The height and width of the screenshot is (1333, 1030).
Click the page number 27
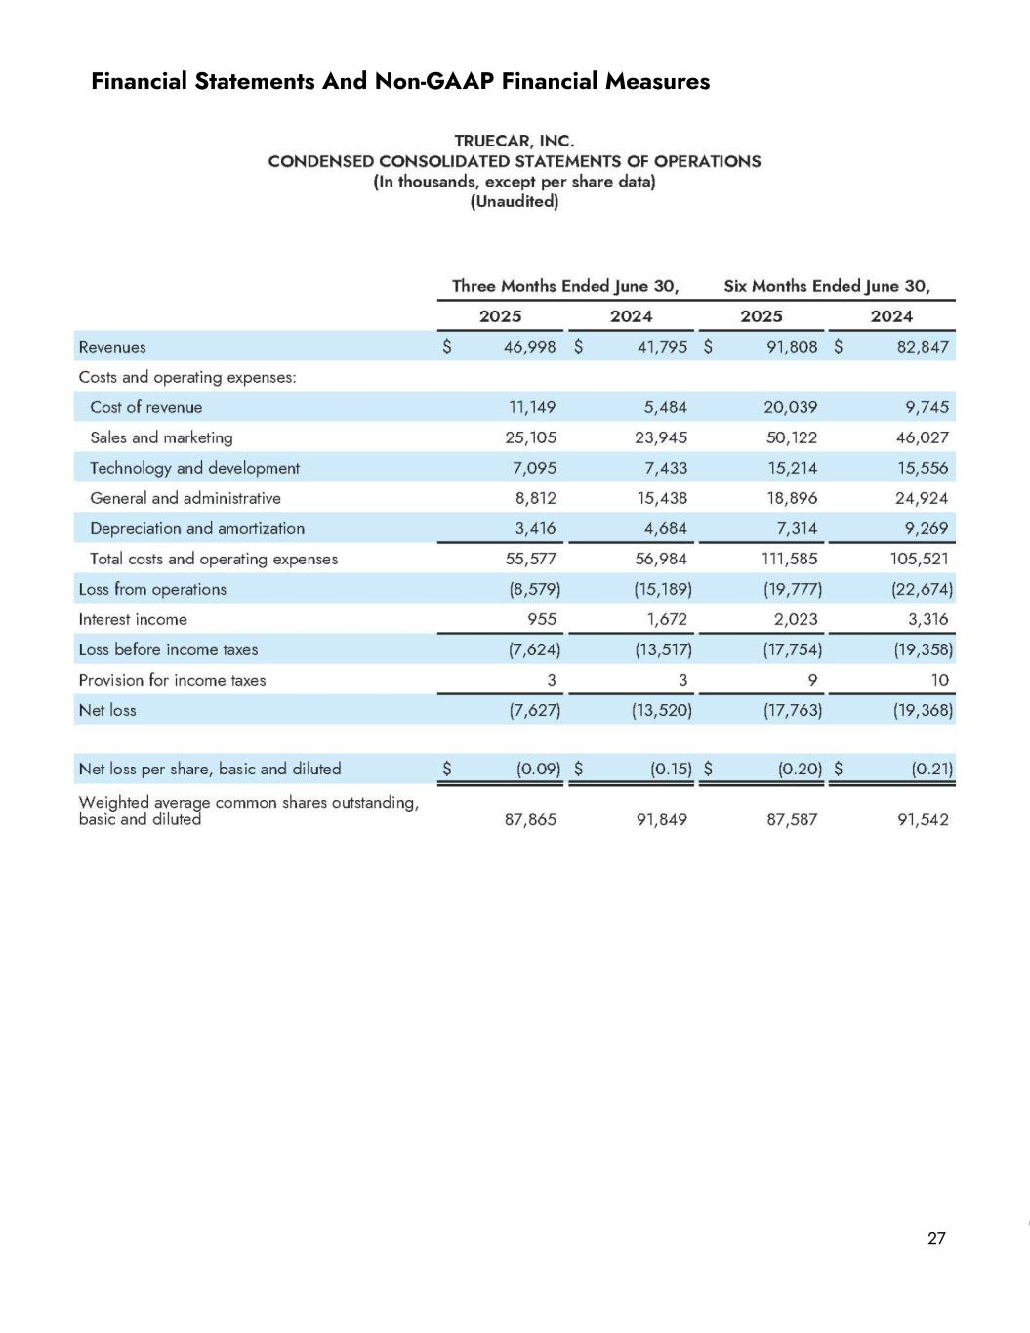coord(936,1238)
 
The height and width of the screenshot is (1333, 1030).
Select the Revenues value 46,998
coord(529,347)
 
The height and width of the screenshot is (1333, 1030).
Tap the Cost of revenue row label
coord(145,407)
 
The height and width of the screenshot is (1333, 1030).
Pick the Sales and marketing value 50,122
coord(791,437)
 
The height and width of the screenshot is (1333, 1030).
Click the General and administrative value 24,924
coord(922,498)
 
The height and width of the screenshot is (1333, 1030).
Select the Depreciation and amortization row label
coord(196,528)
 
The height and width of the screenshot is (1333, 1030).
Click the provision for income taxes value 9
coord(812,680)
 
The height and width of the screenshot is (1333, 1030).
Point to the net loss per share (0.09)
coord(538,769)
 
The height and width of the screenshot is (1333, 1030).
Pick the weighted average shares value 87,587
coord(792,819)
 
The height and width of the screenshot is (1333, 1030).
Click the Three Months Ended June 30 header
coord(564,286)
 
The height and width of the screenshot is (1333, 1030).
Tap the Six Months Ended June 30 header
coord(826,286)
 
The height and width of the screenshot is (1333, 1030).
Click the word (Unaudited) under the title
coord(514,202)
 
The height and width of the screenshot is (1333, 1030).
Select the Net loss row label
coord(107,710)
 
